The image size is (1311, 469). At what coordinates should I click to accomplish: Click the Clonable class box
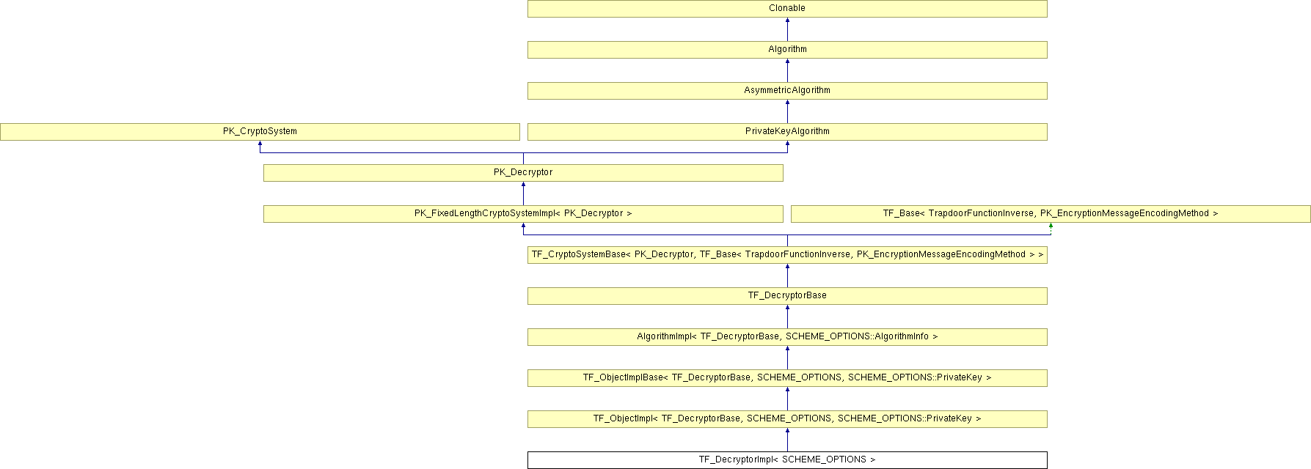[786, 9]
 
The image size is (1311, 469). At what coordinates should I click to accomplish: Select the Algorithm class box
[786, 50]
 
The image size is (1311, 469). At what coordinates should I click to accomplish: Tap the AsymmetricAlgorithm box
[786, 91]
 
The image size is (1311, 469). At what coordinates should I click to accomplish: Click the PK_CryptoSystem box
[260, 132]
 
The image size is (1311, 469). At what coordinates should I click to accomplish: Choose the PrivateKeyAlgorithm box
[786, 132]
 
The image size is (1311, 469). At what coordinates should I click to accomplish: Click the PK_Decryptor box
[523, 173]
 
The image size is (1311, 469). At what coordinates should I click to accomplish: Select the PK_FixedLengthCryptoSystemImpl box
[523, 214]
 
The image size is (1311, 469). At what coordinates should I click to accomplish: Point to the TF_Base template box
[1051, 214]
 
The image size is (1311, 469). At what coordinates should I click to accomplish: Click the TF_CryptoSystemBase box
[786, 255]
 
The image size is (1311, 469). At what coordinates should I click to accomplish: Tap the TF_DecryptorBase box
[786, 296]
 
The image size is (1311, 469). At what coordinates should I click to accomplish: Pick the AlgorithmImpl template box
[786, 337]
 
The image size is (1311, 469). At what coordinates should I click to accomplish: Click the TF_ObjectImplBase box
[786, 378]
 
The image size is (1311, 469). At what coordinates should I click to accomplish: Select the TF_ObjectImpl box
[786, 419]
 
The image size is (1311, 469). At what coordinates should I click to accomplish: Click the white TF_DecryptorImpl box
[786, 460]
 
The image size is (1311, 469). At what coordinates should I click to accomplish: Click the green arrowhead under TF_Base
[1051, 226]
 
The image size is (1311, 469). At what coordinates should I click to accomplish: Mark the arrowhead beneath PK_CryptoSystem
[260, 144]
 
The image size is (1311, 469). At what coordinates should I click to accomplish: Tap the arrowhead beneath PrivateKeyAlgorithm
[787, 144]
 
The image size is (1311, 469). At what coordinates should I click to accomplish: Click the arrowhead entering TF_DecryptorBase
[787, 309]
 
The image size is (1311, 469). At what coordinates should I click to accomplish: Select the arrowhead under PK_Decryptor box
[523, 185]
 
